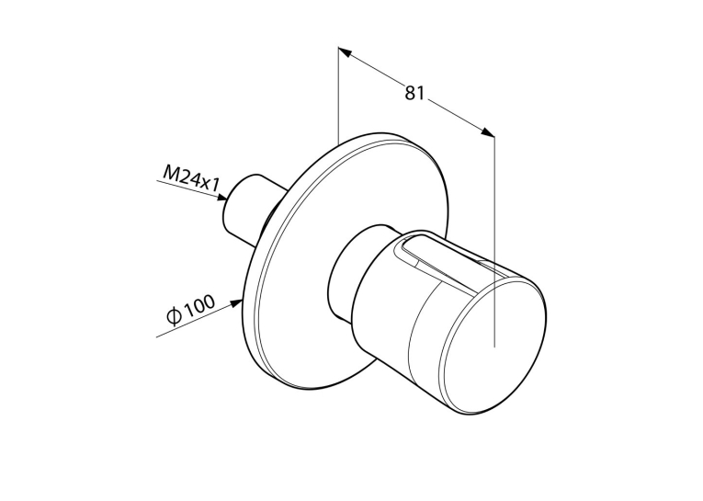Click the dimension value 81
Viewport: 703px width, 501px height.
[x=414, y=93]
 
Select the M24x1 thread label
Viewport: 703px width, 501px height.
[x=191, y=178]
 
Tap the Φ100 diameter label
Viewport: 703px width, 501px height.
[x=190, y=310]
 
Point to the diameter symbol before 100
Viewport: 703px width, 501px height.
[x=174, y=316]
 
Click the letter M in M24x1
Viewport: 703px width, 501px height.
[x=170, y=173]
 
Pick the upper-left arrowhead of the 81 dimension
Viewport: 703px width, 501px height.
[x=344, y=51]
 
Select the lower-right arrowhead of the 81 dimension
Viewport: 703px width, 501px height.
[x=488, y=132]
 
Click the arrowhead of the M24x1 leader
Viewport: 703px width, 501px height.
[x=221, y=197]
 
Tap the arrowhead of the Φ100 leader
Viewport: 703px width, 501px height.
[x=236, y=303]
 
